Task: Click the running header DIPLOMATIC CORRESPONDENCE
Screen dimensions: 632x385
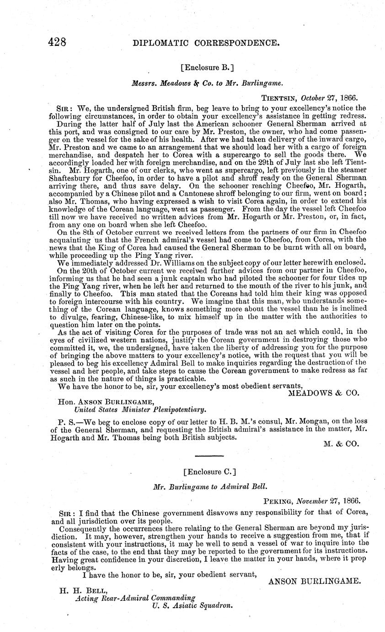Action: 206,44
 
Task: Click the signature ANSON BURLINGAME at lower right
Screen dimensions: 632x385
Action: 315,581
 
